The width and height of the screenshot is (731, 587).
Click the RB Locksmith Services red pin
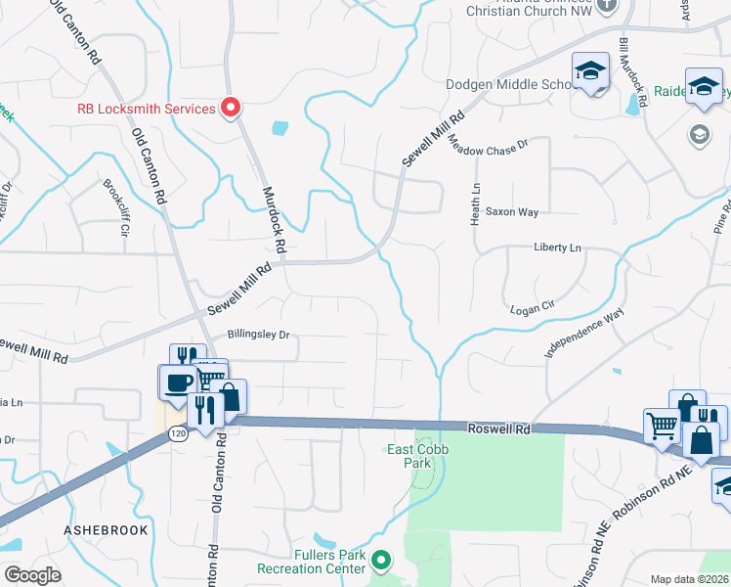click(x=232, y=108)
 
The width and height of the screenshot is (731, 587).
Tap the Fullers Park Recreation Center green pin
click(x=381, y=562)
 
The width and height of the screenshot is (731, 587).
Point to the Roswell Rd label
click(x=498, y=429)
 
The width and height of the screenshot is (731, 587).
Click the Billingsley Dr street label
click(x=259, y=334)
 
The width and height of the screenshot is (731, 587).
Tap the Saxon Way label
click(x=512, y=211)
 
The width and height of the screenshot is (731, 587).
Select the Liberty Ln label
click(x=557, y=248)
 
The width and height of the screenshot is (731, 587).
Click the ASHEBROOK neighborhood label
click(x=106, y=530)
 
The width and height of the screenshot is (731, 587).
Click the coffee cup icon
click(x=178, y=382)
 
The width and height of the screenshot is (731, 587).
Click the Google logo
click(x=32, y=575)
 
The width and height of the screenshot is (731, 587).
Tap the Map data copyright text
click(x=689, y=579)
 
